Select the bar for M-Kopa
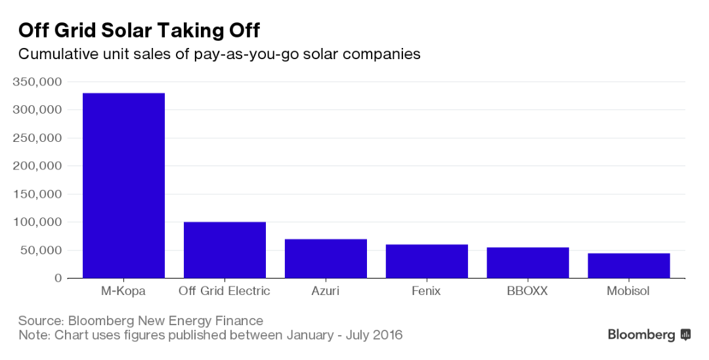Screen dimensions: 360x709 coord(123,185)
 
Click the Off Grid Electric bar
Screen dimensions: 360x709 coord(225,250)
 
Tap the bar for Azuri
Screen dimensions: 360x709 coord(326,258)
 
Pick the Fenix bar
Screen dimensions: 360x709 coord(427,261)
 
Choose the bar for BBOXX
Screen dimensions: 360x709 coord(528,262)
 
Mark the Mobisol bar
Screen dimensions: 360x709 coord(628,265)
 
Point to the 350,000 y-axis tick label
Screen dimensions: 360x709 coord(37,82)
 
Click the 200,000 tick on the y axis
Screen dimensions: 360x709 coord(37,166)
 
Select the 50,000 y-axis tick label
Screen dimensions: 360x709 coord(41,250)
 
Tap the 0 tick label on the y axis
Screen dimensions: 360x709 coord(58,279)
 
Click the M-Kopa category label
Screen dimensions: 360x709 coord(123,291)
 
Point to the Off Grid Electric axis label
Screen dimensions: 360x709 coord(225,291)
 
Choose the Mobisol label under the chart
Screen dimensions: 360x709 coord(628,291)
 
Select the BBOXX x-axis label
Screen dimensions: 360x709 coord(528,291)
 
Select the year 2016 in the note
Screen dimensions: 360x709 coord(385,335)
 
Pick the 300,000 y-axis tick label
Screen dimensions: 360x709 coord(37,110)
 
